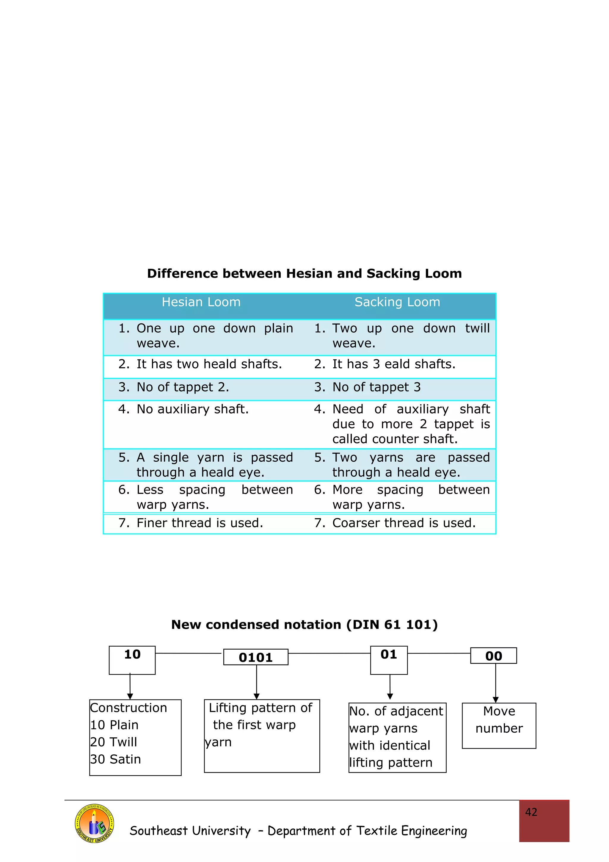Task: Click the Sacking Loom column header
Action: pos(397,302)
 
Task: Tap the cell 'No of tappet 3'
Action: pos(376,387)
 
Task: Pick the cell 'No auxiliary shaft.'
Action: pos(192,409)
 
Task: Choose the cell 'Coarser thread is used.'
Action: pos(404,523)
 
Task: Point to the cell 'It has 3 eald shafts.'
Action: pos(394,364)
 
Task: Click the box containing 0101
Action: pos(256,657)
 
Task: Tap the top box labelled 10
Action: pos(132,660)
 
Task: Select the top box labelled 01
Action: pos(389,660)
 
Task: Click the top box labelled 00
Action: pos(493,656)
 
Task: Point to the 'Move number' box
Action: pos(499,726)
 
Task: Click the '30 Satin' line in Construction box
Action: pos(116,759)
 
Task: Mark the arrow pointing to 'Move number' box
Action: pos(496,683)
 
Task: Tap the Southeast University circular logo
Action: pos(95,823)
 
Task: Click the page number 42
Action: pos(531,812)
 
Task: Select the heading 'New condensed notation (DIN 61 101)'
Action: pos(304,625)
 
